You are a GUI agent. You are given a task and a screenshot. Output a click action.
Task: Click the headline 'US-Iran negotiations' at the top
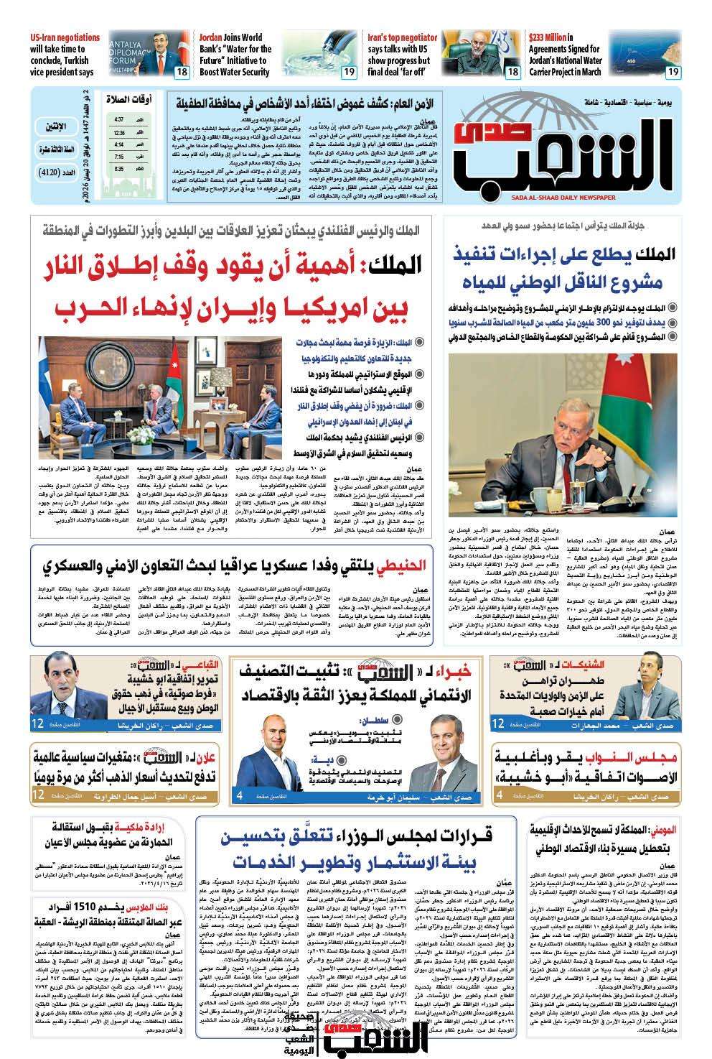point(65,37)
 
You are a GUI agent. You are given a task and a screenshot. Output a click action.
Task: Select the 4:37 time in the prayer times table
point(118,119)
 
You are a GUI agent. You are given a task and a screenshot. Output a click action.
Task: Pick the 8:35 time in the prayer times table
point(118,168)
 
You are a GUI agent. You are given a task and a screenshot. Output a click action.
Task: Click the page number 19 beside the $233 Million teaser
point(673,72)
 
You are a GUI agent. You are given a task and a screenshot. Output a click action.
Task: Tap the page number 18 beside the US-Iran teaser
point(182,72)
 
